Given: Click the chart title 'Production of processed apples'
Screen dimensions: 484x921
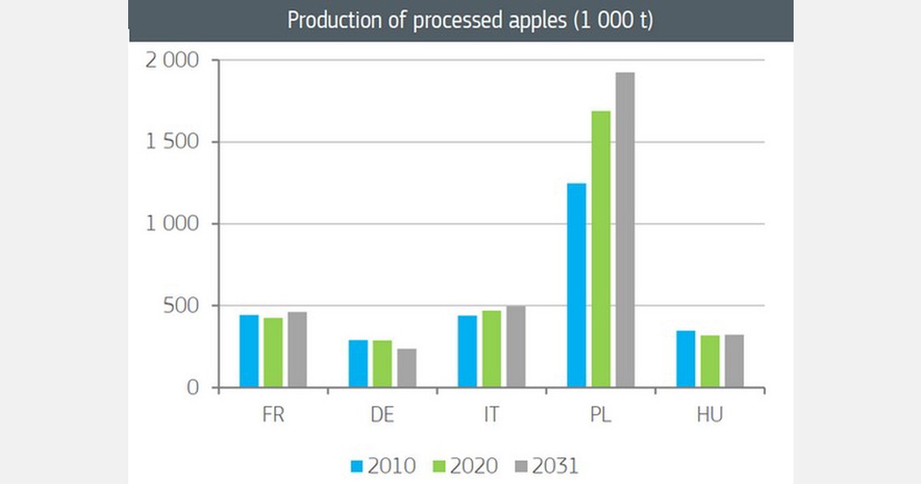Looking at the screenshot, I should click(x=470, y=21).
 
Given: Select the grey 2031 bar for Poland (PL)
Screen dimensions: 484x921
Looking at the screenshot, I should click(x=625, y=230).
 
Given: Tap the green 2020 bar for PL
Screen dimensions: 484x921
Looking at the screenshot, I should click(x=601, y=249).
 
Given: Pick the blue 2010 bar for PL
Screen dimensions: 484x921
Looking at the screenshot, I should click(x=576, y=285).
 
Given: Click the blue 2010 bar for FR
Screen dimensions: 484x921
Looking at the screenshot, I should click(x=249, y=351).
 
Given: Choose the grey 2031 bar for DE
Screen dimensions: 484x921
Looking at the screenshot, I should click(x=407, y=368).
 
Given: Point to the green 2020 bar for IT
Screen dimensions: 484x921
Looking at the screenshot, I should click(x=492, y=349).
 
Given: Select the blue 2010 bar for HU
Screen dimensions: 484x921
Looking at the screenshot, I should click(x=685, y=359).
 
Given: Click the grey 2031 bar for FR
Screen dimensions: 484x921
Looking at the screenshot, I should click(x=297, y=350).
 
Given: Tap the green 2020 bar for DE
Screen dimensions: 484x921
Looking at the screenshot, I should click(x=382, y=363).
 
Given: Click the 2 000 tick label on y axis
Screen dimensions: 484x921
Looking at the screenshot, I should click(x=172, y=61).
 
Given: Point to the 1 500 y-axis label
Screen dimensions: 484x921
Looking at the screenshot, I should click(x=173, y=142).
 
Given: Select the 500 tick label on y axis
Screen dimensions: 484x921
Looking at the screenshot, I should click(x=182, y=306).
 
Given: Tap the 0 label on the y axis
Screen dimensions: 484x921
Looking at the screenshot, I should click(x=193, y=388).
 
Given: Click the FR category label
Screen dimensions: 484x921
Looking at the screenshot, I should click(x=272, y=416).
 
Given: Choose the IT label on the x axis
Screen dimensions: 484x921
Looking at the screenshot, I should click(x=491, y=416).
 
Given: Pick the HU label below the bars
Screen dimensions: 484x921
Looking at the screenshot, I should click(x=710, y=416).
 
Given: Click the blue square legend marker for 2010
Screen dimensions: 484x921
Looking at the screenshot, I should click(x=356, y=466).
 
